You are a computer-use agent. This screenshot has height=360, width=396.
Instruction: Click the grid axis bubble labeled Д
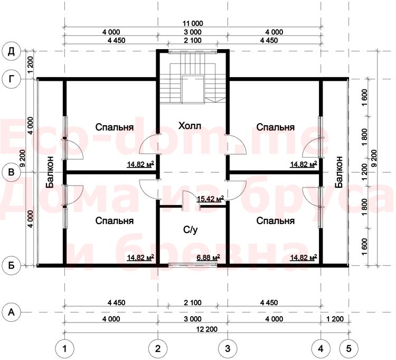click(11, 51)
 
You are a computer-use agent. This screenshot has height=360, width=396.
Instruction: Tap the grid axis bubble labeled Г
click(11, 79)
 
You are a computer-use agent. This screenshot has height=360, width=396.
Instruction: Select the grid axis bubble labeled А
click(11, 312)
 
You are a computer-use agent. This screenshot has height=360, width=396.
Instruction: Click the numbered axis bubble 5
click(348, 349)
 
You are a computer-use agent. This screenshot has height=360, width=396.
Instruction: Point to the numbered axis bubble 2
click(158, 349)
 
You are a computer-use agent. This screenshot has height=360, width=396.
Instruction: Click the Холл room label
click(190, 126)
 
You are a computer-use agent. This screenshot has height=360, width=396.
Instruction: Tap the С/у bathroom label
click(190, 229)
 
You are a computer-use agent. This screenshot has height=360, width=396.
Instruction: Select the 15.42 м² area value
click(210, 199)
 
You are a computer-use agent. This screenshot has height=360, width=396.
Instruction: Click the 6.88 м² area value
click(208, 257)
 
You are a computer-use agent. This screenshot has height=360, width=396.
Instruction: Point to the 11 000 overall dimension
click(193, 23)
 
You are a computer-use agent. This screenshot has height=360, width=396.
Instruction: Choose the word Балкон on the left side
click(50, 172)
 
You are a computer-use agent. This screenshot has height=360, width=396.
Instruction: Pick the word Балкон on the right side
click(339, 172)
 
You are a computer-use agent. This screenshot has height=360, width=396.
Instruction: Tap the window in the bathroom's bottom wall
click(193, 265)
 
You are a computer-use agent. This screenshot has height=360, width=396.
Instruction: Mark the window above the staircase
click(193, 52)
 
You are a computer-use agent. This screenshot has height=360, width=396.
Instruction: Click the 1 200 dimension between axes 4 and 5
click(335, 319)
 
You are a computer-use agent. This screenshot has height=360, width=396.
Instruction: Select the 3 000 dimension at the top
click(193, 32)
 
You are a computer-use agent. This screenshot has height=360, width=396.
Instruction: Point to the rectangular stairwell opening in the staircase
click(193, 89)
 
